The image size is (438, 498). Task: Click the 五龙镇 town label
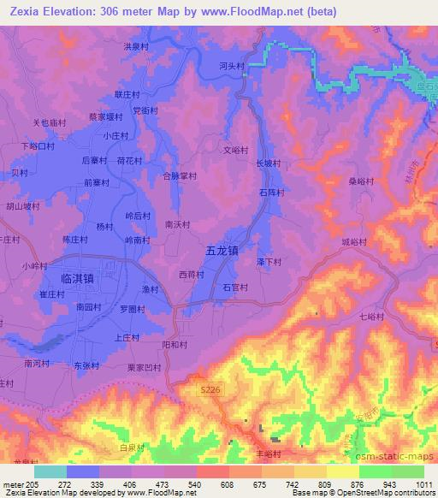pyautogui.click(x=222, y=251)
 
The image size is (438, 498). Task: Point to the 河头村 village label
pyautogui.click(x=231, y=66)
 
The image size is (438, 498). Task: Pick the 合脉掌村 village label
pyautogui.click(x=180, y=176)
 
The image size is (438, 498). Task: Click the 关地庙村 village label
pyautogui.click(x=49, y=122)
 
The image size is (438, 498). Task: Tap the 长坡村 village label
pyautogui.click(x=267, y=162)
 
